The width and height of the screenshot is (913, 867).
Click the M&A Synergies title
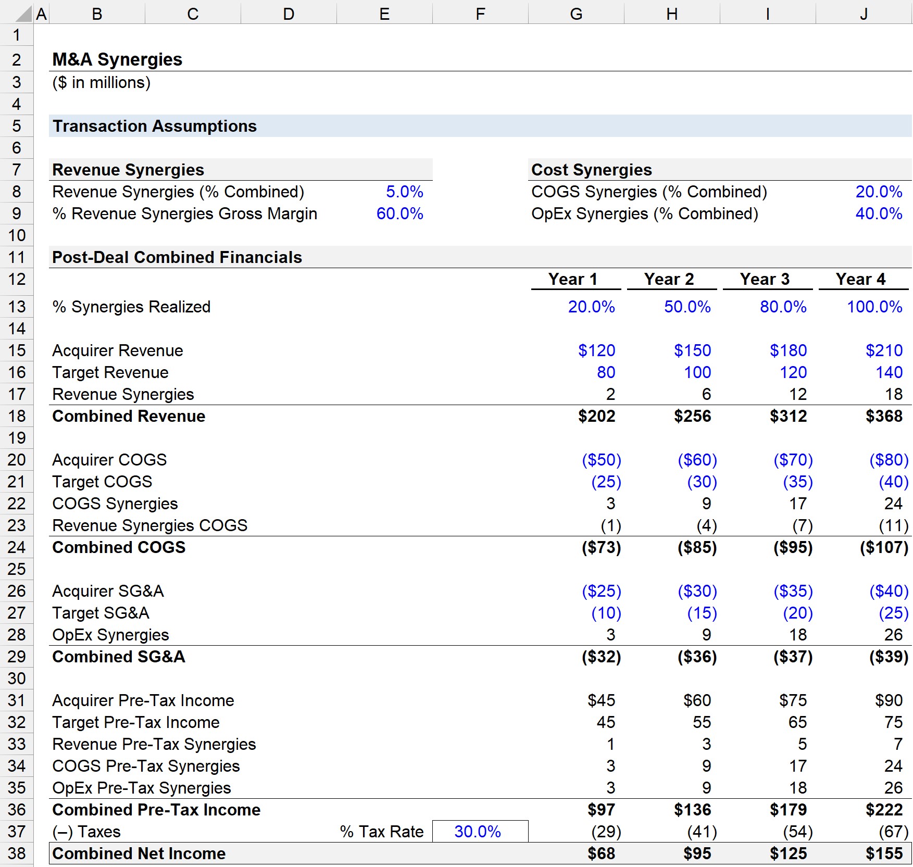pyautogui.click(x=117, y=59)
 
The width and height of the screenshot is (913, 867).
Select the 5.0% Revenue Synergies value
pyautogui.click(x=404, y=192)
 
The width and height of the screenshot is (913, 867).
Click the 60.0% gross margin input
pyautogui.click(x=399, y=213)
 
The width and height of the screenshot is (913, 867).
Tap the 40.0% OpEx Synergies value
pyautogui.click(x=879, y=213)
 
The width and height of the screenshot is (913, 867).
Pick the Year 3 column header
pyautogui.click(x=765, y=279)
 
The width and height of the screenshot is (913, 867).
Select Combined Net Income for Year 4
pyautogui.click(x=884, y=853)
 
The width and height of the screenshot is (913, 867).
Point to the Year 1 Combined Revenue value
pyautogui.click(x=596, y=416)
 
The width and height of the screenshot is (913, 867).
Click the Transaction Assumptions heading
pyautogui.click(x=155, y=126)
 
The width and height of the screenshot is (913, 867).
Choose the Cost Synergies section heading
pyautogui.click(x=591, y=170)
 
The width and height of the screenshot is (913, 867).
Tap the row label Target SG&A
pyautogui.click(x=101, y=613)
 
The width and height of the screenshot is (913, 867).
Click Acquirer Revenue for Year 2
pyautogui.click(x=692, y=350)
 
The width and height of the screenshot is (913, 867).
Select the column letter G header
pyautogui.click(x=576, y=14)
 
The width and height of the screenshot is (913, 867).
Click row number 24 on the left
pyautogui.click(x=17, y=547)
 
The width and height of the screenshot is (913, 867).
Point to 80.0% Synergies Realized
pyautogui.click(x=783, y=307)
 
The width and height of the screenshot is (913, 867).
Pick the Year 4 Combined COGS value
pyautogui.click(x=884, y=547)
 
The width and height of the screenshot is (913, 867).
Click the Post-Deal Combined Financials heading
pyautogui.click(x=177, y=257)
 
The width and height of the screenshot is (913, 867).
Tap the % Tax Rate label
pyautogui.click(x=382, y=832)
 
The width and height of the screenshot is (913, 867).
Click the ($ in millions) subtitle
pyautogui.click(x=102, y=83)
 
